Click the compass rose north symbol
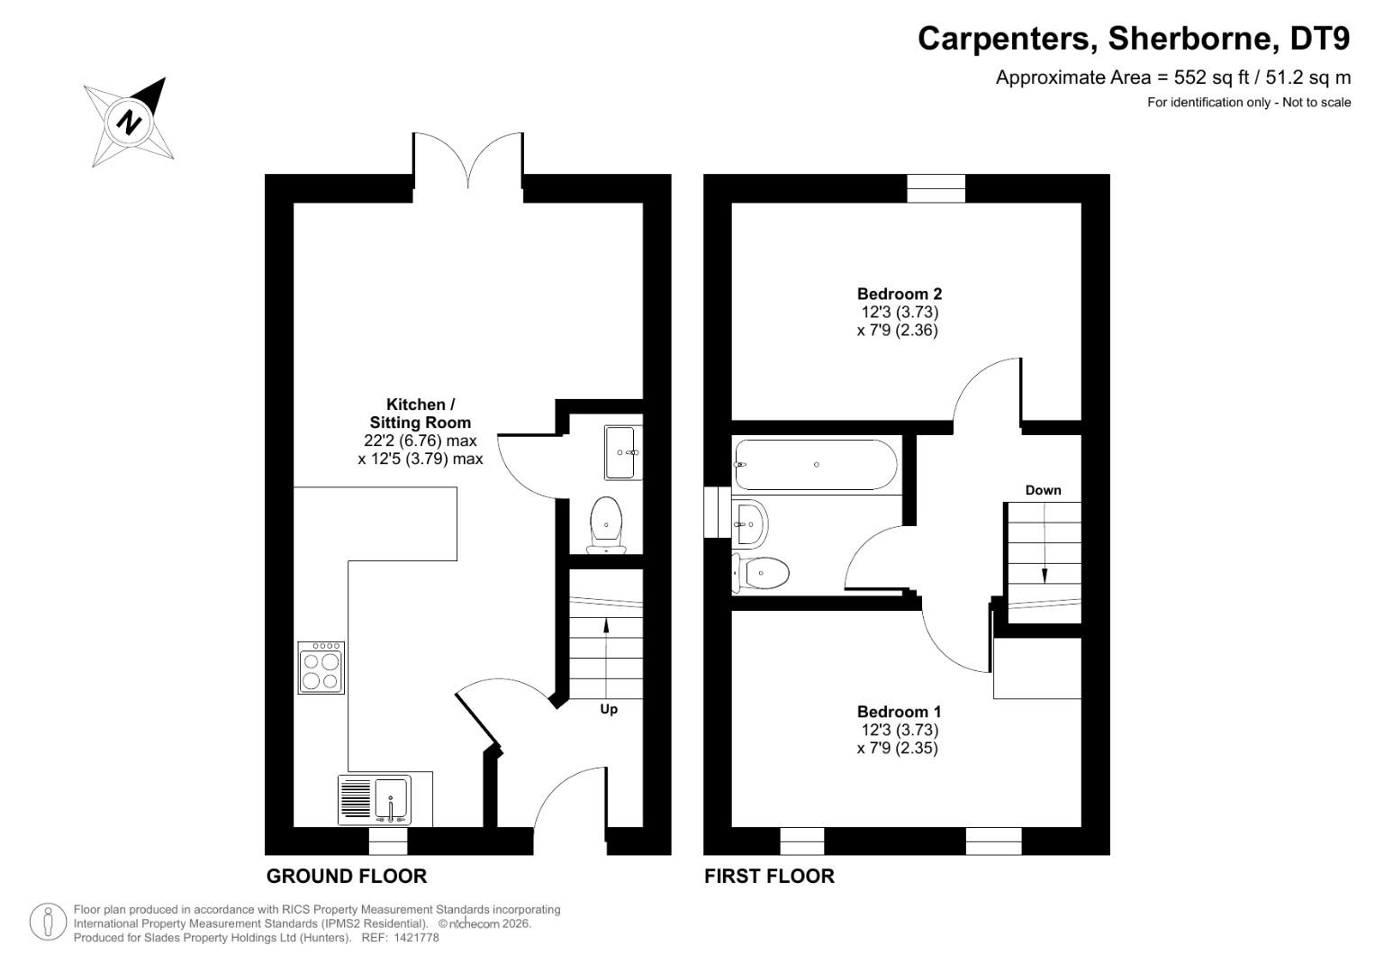[130, 122]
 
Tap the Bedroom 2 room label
[899, 294]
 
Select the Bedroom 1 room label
[899, 712]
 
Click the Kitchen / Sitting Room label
[421, 414]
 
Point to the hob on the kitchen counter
[321, 668]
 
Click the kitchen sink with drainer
[375, 799]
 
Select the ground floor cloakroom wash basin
[621, 452]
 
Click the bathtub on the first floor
[816, 465]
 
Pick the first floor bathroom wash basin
[750, 523]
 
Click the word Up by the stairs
[609, 709]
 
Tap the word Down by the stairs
[1043, 490]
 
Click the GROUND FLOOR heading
[347, 876]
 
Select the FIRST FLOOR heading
[769, 876]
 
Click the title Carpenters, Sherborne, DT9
[1134, 39]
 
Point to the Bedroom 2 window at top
[936, 188]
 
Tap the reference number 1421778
[413, 938]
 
